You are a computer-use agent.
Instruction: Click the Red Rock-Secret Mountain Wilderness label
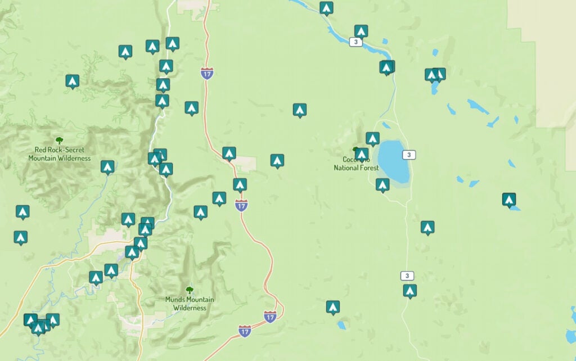coord(59,154)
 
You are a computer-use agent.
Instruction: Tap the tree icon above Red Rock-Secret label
coord(59,141)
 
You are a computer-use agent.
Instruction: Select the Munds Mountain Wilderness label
coord(190,304)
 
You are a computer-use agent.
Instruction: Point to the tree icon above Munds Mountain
coord(190,290)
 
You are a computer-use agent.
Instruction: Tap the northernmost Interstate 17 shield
coord(207,73)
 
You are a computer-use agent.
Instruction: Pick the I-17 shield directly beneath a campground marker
coord(241,206)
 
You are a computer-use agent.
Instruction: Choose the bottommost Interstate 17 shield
coord(245,331)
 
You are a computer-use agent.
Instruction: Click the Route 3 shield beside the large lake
coord(409,155)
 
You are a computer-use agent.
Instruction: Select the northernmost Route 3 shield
coord(355,42)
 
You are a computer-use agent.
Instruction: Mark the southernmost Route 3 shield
coord(407,276)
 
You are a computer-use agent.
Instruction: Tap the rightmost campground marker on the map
coord(508,199)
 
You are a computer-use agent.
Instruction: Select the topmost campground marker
coord(326,7)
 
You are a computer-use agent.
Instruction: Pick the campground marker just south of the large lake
coord(382,184)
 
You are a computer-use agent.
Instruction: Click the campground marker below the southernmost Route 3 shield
coord(409,290)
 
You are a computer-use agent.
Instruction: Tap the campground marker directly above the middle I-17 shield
coord(240,184)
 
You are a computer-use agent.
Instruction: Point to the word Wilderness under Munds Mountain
coord(190,308)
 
